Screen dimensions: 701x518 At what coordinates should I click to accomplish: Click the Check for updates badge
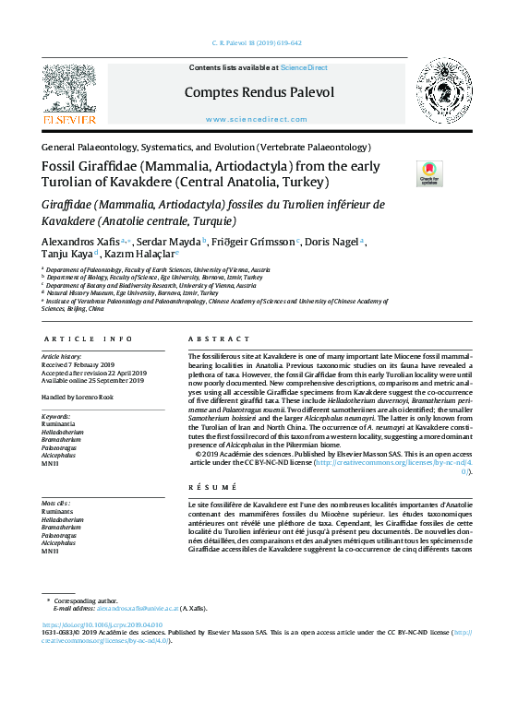[x=404, y=173]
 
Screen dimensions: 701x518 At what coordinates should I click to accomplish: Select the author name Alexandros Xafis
[x=79, y=242]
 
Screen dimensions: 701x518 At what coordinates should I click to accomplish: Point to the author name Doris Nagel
[x=333, y=242]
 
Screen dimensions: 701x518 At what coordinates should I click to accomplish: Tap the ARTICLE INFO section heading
[x=88, y=339]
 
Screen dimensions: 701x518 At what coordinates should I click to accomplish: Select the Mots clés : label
[x=57, y=503]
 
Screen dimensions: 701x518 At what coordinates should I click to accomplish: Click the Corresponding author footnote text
[x=88, y=600]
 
